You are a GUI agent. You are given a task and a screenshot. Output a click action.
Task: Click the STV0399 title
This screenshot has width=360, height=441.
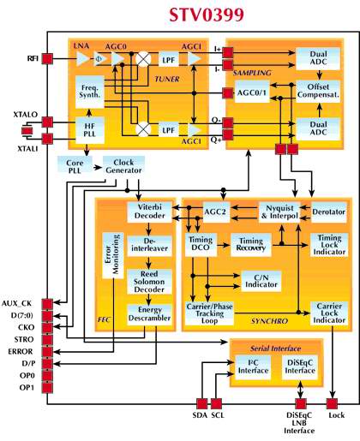[207, 15]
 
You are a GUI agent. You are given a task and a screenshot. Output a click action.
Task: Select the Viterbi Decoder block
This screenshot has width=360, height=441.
[149, 212]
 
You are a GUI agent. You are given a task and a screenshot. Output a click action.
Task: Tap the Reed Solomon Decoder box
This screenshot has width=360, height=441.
[149, 282]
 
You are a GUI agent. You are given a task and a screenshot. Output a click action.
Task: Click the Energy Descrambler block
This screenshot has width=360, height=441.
[149, 314]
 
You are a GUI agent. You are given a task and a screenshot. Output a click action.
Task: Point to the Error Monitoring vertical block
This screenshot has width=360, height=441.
[113, 255]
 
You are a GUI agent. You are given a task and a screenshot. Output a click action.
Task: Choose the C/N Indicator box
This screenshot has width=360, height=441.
[261, 281]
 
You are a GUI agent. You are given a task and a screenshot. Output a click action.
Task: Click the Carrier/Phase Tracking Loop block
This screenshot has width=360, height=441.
[209, 313]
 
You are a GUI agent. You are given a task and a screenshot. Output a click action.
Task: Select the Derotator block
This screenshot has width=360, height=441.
[329, 212]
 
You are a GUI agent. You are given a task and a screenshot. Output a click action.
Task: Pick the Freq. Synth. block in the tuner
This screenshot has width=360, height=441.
[90, 92]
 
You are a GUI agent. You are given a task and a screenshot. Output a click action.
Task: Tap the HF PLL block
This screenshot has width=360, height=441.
[90, 130]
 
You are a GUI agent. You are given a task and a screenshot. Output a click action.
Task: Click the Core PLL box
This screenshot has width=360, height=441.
[75, 167]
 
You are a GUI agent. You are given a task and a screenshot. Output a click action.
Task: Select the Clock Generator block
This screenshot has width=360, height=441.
[123, 167]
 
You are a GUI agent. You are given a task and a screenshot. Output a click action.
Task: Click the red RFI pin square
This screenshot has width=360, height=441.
[47, 59]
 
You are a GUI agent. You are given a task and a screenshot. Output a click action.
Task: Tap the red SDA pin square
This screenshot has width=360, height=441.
[202, 404]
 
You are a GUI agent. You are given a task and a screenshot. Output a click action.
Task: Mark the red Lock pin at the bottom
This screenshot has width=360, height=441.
[332, 404]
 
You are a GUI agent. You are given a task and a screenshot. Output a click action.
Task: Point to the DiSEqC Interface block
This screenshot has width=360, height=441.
[300, 367]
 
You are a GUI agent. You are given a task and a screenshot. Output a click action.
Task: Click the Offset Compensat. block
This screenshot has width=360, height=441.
[318, 91]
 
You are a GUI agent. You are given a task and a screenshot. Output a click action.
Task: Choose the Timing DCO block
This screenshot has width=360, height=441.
[201, 244]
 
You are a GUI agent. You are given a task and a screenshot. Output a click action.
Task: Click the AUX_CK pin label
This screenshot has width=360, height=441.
[17, 303]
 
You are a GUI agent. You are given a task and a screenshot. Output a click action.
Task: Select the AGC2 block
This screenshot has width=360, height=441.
[216, 212]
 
